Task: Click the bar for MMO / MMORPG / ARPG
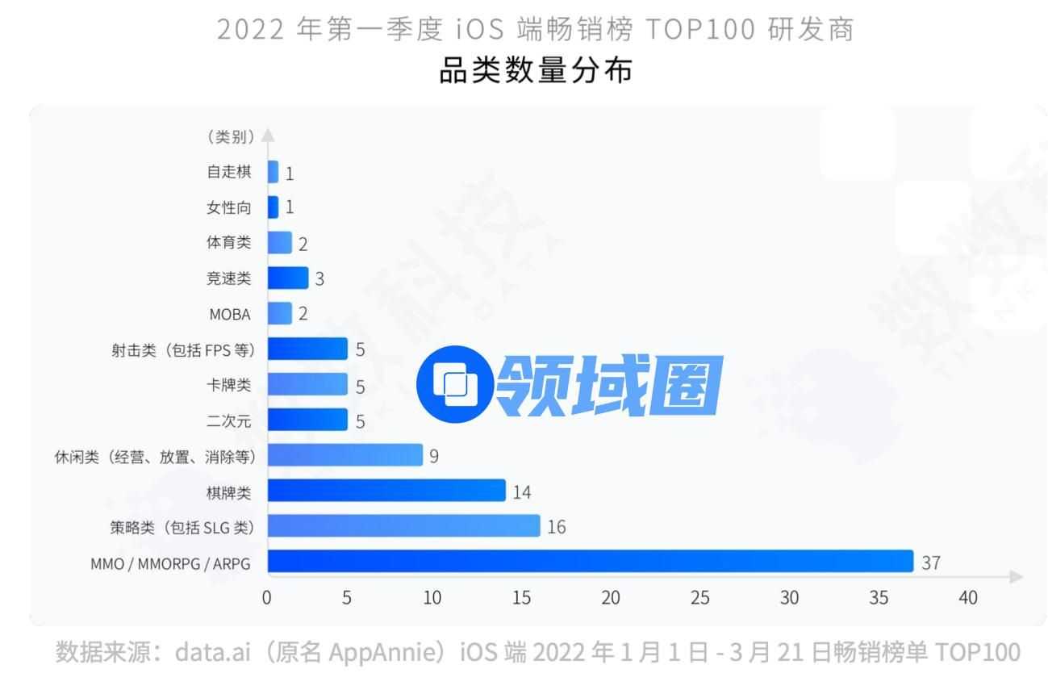click(x=590, y=562)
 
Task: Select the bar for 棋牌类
click(x=386, y=491)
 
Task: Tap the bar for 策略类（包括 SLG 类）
click(x=403, y=526)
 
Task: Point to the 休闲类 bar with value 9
click(x=344, y=455)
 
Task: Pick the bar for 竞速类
click(x=288, y=278)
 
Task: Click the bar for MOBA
click(x=279, y=314)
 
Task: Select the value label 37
click(x=931, y=562)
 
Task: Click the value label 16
click(x=557, y=527)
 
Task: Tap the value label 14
click(x=522, y=491)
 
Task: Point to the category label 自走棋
click(x=229, y=172)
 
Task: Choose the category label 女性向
click(x=229, y=207)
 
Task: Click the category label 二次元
click(x=229, y=420)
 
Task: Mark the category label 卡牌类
click(x=229, y=385)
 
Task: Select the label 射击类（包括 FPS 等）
click(x=183, y=349)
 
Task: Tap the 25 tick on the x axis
click(x=700, y=598)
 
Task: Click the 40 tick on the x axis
click(x=967, y=598)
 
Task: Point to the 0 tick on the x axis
click(x=267, y=598)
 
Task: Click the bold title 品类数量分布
click(x=536, y=71)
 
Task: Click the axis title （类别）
click(x=231, y=137)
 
